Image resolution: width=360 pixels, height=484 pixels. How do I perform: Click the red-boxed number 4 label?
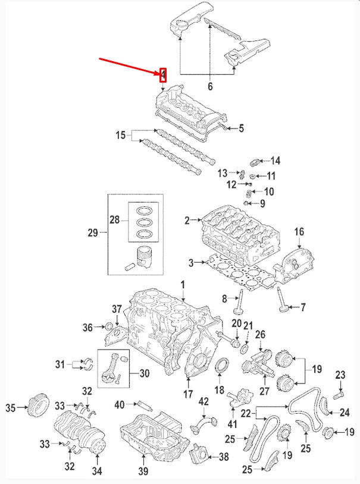click(x=163, y=74)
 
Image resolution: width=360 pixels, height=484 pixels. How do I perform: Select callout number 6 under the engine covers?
click(x=209, y=87)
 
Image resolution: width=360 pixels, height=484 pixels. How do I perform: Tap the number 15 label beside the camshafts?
click(x=121, y=136)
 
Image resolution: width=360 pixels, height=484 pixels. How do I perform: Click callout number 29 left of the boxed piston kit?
click(x=93, y=233)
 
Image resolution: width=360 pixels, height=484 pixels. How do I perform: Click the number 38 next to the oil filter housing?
click(x=224, y=457)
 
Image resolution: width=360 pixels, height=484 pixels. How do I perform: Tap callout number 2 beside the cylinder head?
click(x=186, y=221)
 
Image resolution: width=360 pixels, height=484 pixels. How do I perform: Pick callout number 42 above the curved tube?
click(x=204, y=402)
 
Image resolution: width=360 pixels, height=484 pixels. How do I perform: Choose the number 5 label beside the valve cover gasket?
click(x=241, y=128)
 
